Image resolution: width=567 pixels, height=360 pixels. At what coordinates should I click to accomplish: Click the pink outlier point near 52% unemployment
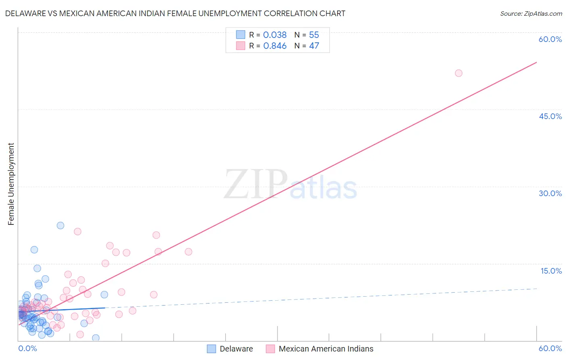[x=459, y=73]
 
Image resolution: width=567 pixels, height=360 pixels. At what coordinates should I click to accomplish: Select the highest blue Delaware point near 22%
[x=60, y=226]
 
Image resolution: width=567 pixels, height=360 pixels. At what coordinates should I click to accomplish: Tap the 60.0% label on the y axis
[x=550, y=39]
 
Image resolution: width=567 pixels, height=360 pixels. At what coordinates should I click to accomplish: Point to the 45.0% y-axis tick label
[x=550, y=116]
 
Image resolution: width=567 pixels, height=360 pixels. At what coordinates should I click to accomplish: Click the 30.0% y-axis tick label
[x=550, y=193]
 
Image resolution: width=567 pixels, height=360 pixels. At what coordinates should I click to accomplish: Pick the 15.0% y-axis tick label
[x=551, y=271]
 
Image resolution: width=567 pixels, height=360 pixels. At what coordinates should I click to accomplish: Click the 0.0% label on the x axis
[x=27, y=348]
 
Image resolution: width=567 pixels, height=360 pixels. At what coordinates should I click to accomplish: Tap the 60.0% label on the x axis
[x=550, y=348]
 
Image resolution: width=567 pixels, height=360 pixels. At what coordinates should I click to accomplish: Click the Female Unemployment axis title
[x=11, y=184]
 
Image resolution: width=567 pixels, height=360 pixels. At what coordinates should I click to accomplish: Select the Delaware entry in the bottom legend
[x=236, y=349]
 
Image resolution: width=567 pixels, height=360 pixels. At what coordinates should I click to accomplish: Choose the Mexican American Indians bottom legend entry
[x=326, y=349]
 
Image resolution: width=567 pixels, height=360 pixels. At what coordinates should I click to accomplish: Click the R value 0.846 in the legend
[x=275, y=46]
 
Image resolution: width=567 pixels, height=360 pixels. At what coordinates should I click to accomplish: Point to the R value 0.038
[x=275, y=35]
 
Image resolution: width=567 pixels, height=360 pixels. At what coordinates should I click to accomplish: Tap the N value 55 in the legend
[x=314, y=35]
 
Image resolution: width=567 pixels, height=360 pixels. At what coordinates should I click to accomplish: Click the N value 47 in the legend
[x=314, y=46]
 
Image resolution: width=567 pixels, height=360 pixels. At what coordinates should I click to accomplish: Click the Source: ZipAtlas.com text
[x=531, y=14]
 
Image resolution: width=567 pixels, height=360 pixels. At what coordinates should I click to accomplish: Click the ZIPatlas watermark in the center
[x=290, y=185]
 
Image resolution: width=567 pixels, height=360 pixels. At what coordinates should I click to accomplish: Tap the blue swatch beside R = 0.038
[x=241, y=35]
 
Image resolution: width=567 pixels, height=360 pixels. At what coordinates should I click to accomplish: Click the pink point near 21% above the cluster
[x=77, y=232]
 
